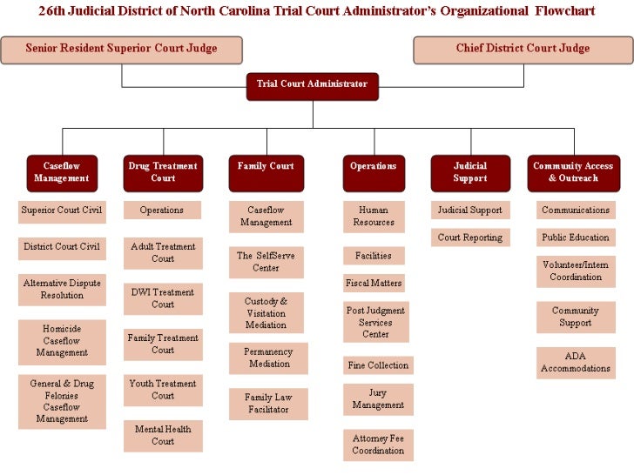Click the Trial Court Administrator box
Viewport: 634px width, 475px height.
pyautogui.click(x=312, y=85)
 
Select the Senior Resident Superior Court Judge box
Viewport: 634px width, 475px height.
pyautogui.click(x=121, y=50)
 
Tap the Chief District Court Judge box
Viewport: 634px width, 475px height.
pyautogui.click(x=523, y=50)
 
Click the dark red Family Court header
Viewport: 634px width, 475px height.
pyautogui.click(x=266, y=172)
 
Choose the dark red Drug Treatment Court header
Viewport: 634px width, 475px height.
pyautogui.click(x=163, y=172)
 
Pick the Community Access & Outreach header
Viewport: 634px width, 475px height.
pyautogui.click(x=573, y=172)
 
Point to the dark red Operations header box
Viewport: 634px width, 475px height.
pyautogui.click(x=373, y=172)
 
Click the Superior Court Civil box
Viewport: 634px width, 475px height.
pyautogui.click(x=62, y=211)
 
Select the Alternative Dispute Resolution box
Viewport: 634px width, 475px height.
pyautogui.click(x=62, y=290)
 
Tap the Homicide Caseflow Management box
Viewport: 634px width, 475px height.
pyautogui.click(x=62, y=342)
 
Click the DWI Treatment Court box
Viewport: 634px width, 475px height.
pyautogui.click(x=163, y=298)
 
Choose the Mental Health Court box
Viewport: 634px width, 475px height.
pyautogui.click(x=163, y=436)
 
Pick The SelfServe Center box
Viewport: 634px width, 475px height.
pyautogui.click(x=266, y=262)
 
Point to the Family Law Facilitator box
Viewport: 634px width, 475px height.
pyautogui.click(x=267, y=404)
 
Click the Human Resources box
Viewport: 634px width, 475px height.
pyautogui.click(x=373, y=217)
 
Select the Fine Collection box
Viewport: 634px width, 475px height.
pyautogui.click(x=378, y=365)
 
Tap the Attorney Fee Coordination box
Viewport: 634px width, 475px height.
pyautogui.click(x=378, y=445)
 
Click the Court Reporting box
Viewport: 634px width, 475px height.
pyautogui.click(x=469, y=237)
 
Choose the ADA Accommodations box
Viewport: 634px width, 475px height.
pyautogui.click(x=576, y=363)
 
